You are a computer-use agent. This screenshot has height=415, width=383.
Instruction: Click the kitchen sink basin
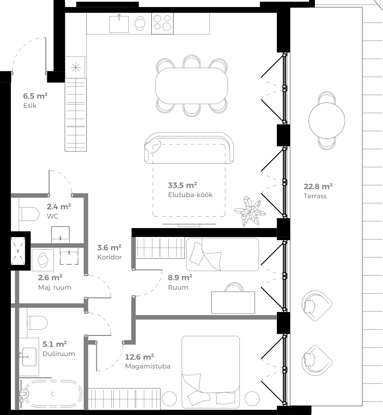pos(119,24)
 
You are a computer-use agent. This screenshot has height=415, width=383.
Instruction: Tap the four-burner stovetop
pos(162,23)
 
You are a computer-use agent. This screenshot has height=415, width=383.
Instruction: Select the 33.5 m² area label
pos(182,185)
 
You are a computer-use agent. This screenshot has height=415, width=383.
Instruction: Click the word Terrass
pos(315,196)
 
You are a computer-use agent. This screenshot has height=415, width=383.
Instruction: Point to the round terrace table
pos(327,121)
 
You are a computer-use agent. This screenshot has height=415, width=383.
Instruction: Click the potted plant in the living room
pos(250,211)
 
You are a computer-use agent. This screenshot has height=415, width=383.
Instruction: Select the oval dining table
pos(191,86)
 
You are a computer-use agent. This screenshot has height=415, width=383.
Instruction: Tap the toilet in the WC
pos(30,214)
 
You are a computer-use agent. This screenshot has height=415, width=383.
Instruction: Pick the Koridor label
pos(109,257)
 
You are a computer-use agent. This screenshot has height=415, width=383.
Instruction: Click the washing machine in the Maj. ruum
pos(43,260)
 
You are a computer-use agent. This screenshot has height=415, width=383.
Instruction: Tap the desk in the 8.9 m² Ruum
pos(233,303)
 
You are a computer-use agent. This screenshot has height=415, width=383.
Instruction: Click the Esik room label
pos(30,106)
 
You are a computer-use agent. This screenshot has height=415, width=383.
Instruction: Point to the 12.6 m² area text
pos(139,357)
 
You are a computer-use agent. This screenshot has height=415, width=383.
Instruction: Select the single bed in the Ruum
pos(222,255)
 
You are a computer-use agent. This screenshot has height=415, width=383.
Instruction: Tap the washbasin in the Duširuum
pos(29,357)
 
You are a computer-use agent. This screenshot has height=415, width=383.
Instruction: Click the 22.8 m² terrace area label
pos(318,186)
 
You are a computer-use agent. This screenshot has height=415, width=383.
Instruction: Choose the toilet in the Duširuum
pos(37,323)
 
